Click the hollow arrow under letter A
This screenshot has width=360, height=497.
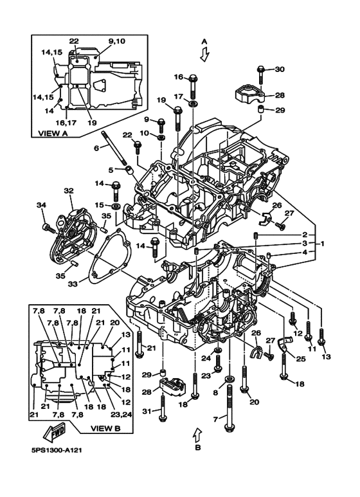(x=204, y=54)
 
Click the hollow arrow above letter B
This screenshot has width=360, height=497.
(x=197, y=434)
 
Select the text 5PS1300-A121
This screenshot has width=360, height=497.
(x=57, y=450)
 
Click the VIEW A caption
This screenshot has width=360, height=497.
(x=53, y=133)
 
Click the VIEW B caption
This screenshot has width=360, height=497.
(x=105, y=428)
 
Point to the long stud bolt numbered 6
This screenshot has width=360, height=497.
(x=114, y=149)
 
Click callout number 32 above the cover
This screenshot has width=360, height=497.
(x=68, y=190)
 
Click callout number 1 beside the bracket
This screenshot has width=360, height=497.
(x=322, y=244)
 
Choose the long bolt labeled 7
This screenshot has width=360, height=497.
(x=229, y=407)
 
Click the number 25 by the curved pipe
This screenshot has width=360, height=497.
(x=301, y=359)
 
